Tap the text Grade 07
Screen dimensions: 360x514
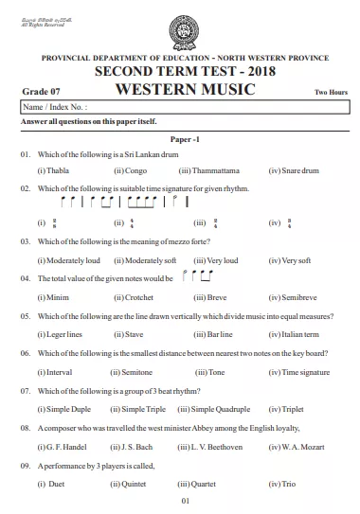[x=37, y=92]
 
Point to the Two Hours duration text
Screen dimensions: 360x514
[x=331, y=93]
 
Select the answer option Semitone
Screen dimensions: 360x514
[x=138, y=372]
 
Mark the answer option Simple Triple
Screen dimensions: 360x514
[x=138, y=409]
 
